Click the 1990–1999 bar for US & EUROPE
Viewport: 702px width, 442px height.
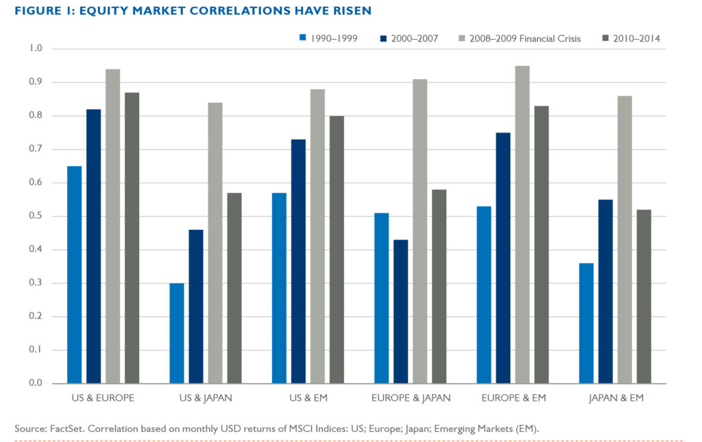tap(73, 275)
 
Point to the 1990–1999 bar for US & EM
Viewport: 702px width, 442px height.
tap(279, 288)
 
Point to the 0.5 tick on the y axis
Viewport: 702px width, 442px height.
tap(36, 216)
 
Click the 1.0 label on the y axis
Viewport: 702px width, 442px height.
tap(36, 49)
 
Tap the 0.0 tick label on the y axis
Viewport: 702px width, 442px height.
tap(36, 383)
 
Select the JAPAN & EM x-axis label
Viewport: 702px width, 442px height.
tap(615, 398)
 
